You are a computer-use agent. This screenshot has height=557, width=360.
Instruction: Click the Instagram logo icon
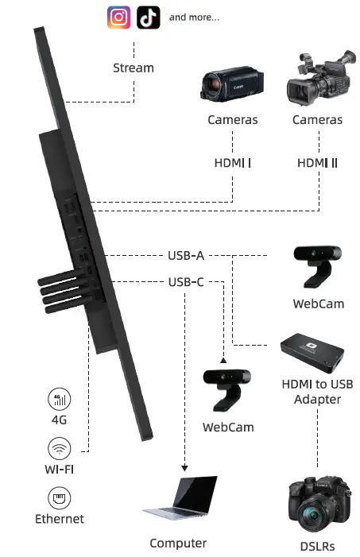point(119,17)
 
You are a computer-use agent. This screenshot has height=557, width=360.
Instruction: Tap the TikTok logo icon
point(148,17)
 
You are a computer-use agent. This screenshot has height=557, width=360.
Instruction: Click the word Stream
point(134,68)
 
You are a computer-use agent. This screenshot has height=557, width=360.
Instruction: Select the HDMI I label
point(232,163)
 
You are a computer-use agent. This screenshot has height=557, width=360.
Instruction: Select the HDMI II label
point(317,163)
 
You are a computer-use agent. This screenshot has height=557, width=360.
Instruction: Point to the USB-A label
point(186,256)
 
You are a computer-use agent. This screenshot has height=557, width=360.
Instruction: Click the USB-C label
point(186,281)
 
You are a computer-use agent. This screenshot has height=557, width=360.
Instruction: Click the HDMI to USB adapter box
point(317,353)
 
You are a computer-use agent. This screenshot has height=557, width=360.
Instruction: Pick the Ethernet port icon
point(60,498)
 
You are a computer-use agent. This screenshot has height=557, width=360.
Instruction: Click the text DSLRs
point(318,546)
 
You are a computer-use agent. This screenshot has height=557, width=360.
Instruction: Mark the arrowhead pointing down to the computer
point(186,468)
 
